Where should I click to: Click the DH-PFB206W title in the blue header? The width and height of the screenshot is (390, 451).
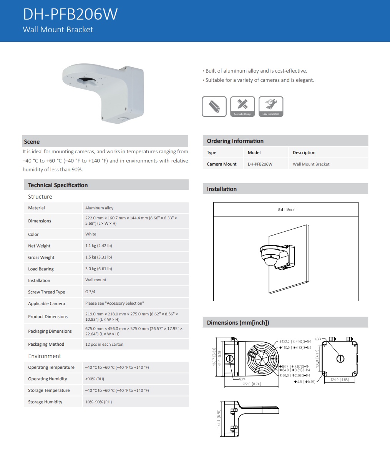70,14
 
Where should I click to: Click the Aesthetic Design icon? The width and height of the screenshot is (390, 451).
242,106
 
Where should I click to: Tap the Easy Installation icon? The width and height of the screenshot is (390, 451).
271,106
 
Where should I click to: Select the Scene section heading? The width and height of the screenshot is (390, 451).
32,142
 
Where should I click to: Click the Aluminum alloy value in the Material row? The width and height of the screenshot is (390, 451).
100,208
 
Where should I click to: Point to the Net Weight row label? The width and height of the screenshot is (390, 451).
39,246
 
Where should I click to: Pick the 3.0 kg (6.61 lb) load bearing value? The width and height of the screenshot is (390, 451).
99,269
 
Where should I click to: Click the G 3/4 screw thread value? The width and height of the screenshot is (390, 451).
90,292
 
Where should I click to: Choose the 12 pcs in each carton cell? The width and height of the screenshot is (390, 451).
104,344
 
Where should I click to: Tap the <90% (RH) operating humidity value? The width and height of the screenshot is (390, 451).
95,379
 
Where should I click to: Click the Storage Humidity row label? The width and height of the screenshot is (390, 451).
45,402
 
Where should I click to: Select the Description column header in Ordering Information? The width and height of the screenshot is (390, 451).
304,153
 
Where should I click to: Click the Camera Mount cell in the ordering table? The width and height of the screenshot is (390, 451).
222,164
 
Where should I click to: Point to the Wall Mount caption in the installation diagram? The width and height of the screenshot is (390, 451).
287,210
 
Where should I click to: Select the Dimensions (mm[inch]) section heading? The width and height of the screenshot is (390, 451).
238,323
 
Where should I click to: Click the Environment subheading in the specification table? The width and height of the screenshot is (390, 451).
45,356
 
